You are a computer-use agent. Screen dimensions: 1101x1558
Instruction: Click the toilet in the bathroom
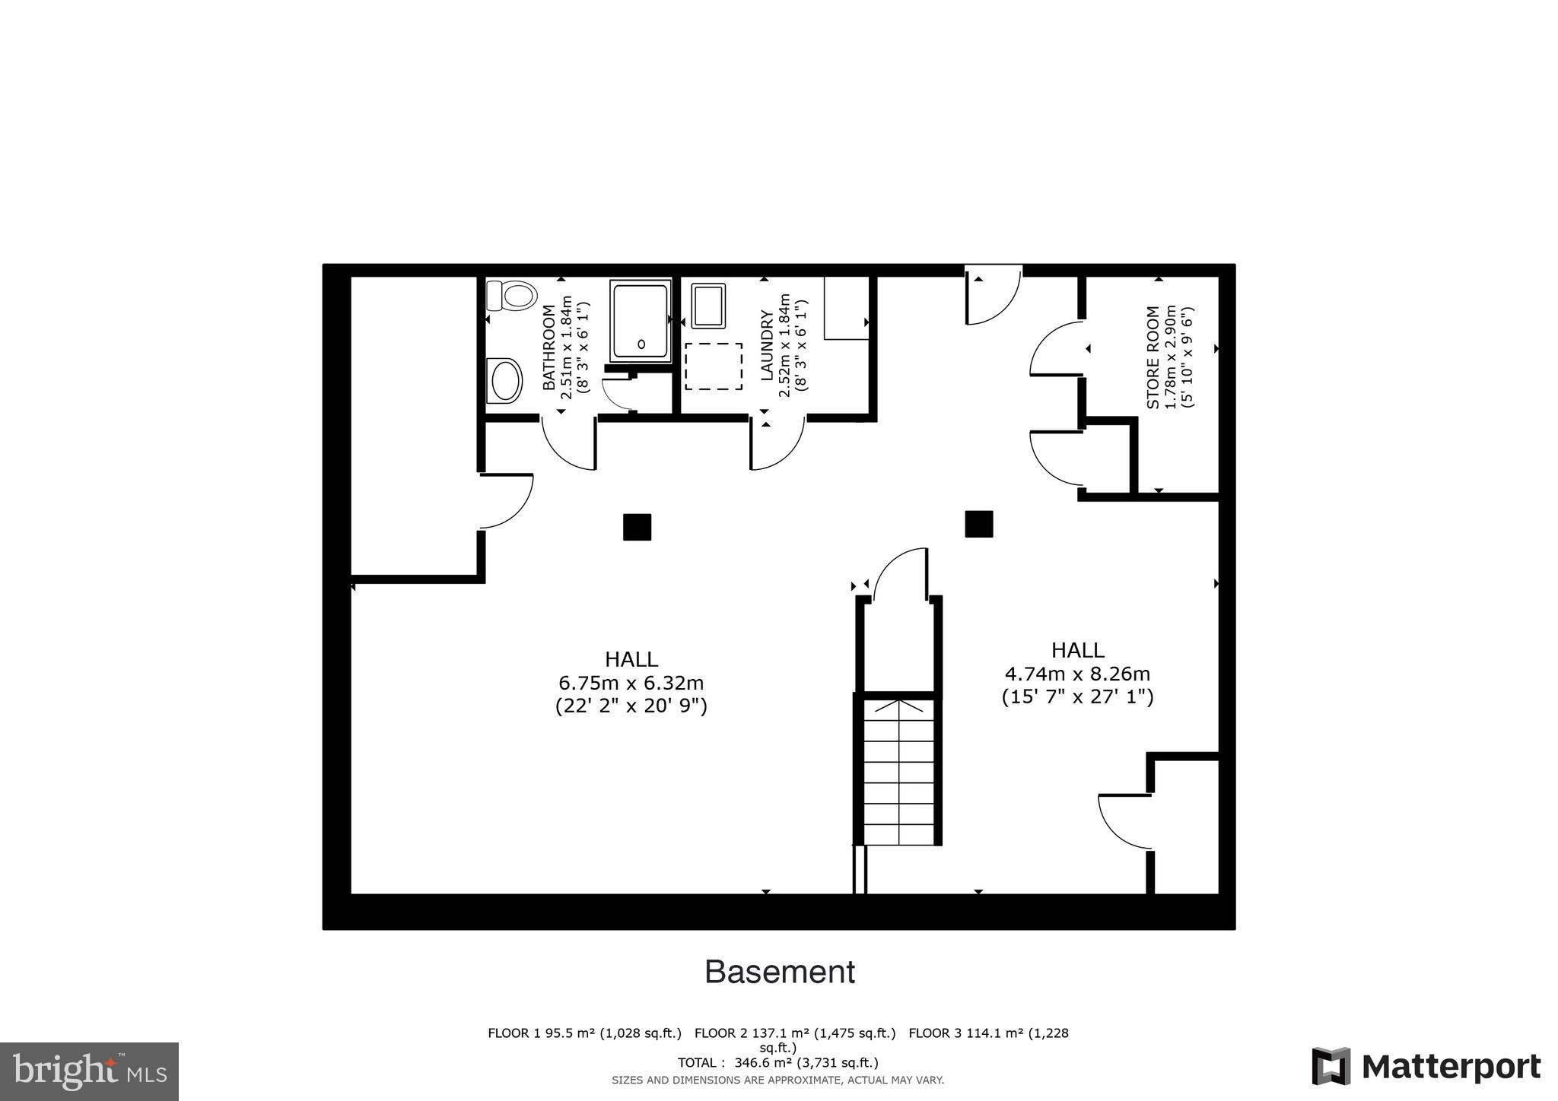512,295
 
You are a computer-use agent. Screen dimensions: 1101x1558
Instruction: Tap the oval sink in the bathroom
505,381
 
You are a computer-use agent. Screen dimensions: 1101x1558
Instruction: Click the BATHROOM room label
548,347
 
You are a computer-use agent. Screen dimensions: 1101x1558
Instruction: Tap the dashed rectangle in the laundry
714,366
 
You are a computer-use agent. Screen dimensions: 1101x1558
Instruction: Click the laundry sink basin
708,306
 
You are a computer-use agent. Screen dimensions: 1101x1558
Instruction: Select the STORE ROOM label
1153,357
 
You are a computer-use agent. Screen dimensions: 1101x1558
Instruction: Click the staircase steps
898,772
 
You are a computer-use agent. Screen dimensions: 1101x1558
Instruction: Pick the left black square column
637,527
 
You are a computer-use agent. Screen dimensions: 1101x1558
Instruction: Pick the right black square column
978,524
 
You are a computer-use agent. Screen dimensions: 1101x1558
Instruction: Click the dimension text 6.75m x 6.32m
631,683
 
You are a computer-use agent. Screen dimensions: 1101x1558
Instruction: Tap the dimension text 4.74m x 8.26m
1077,674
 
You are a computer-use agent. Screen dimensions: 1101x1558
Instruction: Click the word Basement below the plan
779,972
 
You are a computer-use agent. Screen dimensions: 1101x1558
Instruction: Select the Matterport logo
1426,1067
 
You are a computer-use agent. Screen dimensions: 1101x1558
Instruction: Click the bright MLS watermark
89,1071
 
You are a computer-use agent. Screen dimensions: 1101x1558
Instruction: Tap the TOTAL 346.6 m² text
777,1062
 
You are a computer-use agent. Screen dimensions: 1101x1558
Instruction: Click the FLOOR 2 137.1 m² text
795,1033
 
